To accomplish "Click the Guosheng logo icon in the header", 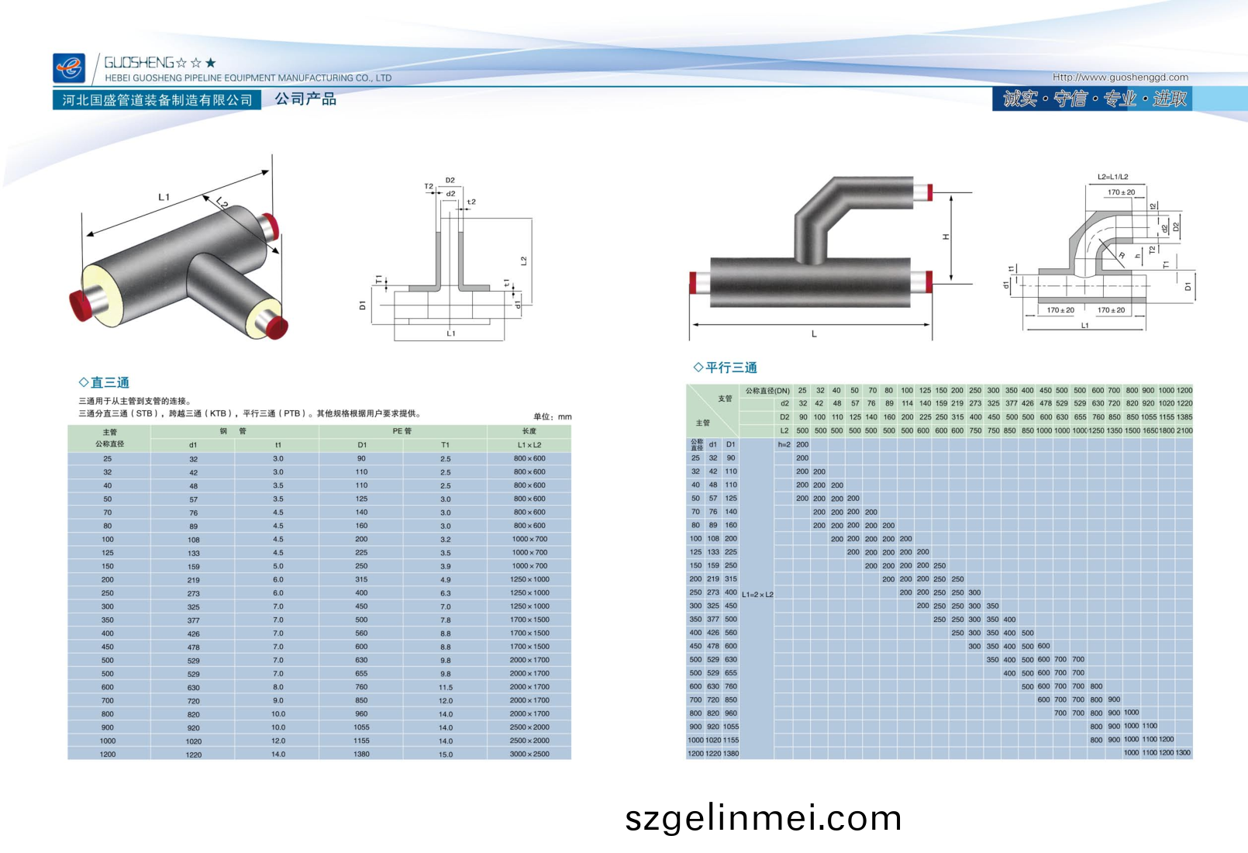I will click(68, 68).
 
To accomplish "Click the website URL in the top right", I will click(1120, 77).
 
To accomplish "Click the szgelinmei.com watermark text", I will click(764, 818).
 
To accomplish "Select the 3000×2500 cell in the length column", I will click(529, 754).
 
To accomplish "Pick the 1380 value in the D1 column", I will click(361, 754).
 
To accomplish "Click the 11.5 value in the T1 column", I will click(445, 687).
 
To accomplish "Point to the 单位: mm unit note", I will click(552, 416).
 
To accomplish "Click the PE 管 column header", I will click(402, 431).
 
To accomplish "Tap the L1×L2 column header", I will click(529, 445).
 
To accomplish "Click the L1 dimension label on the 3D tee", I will click(164, 198).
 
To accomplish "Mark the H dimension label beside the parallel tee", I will click(946, 237).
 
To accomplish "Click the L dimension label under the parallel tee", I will click(814, 334).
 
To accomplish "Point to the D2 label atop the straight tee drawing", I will click(450, 180).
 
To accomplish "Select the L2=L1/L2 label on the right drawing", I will click(1112, 177).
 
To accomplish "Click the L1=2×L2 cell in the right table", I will click(757, 595).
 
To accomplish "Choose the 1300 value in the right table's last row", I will click(1183, 753).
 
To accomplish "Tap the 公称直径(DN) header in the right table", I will click(767, 391).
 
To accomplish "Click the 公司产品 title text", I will click(305, 99).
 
